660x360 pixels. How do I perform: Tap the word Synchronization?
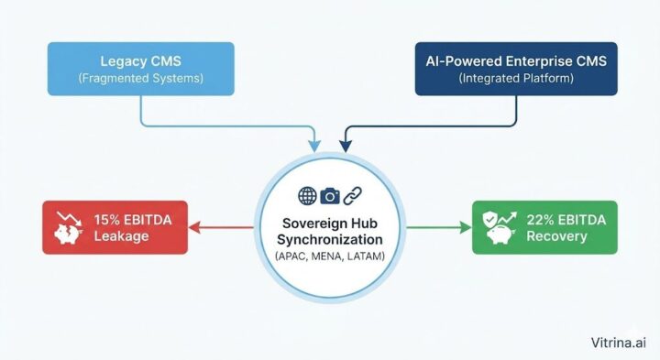330,240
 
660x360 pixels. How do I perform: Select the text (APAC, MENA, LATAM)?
330,258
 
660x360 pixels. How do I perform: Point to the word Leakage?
120,236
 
